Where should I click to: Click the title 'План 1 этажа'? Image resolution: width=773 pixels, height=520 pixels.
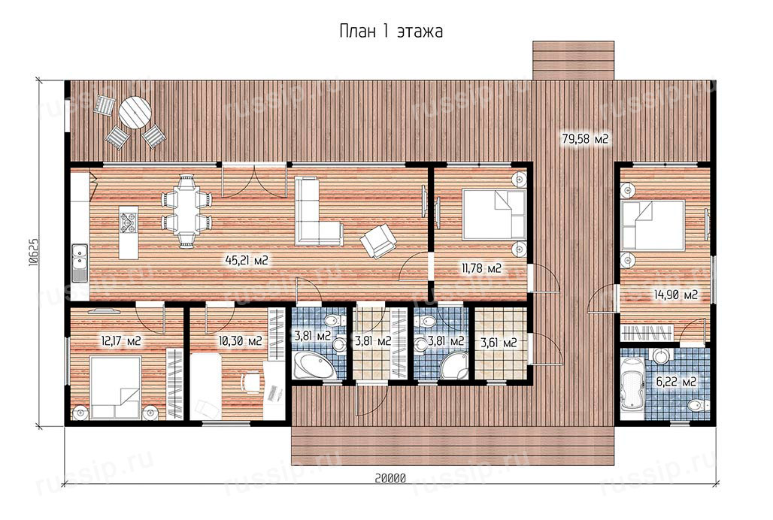[x=391, y=31]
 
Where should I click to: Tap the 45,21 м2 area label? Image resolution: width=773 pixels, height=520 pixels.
[x=247, y=260]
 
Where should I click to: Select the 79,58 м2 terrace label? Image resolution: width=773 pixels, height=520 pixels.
[x=585, y=139]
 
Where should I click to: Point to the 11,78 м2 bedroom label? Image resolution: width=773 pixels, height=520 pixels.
[x=482, y=268]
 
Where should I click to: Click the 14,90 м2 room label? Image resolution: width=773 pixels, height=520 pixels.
[x=676, y=295]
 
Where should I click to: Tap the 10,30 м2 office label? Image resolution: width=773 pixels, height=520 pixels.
[x=240, y=340]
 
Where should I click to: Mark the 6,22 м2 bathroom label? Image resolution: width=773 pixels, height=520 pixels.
[x=676, y=381]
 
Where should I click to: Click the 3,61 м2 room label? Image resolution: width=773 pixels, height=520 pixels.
[x=499, y=342]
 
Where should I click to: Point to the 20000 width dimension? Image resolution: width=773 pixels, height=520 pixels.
[x=390, y=478]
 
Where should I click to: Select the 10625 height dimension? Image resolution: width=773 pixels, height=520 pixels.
[x=34, y=252]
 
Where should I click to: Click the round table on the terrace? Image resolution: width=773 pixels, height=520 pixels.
[x=135, y=112]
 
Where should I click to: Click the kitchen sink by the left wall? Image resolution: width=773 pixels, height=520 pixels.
[x=80, y=264]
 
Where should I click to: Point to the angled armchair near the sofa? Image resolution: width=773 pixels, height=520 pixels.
[x=378, y=240]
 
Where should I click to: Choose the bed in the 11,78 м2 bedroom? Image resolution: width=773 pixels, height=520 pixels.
[x=494, y=215]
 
